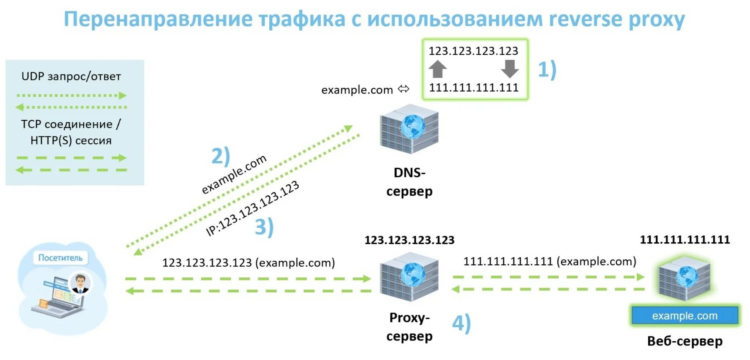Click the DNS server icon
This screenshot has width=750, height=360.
point(409,129)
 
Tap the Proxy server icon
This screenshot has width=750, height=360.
point(409,276)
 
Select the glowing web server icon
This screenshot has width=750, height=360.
point(684,277)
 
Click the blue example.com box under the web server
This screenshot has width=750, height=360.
point(684,316)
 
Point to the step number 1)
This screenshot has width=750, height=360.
point(547,70)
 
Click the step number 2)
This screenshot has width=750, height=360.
point(221,156)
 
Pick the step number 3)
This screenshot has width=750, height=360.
point(264,227)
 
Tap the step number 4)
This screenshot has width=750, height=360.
point(461,323)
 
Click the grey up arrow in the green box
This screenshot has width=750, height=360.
point(437,69)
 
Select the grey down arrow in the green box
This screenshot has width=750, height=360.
point(510,69)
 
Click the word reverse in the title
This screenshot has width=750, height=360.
point(585,19)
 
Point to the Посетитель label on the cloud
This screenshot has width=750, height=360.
point(60,258)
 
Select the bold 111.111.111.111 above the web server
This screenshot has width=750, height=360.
point(685,240)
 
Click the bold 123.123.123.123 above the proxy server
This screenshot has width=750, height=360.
point(409,240)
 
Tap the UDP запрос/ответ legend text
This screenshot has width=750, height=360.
point(71,76)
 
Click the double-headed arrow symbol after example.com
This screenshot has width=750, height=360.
point(403,89)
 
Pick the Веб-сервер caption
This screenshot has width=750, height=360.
point(685,341)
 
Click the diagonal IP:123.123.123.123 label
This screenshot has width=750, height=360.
point(252,209)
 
